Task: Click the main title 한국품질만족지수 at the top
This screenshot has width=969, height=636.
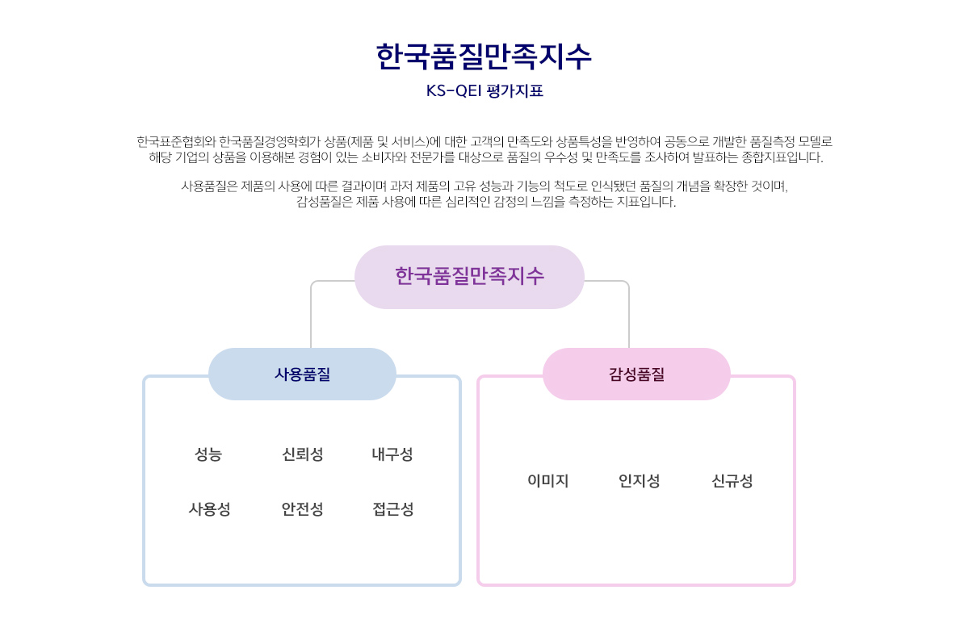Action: [484, 56]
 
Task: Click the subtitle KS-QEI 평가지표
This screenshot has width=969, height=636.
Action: [484, 90]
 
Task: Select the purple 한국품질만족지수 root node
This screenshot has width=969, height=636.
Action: [469, 277]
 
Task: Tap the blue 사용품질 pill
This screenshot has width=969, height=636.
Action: [302, 374]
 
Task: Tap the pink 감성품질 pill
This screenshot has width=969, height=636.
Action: [636, 374]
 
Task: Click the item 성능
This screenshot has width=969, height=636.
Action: [208, 454]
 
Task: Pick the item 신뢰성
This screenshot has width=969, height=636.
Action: [302, 454]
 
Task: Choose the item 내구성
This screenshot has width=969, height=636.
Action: [392, 454]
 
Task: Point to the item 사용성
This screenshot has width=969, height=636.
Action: [209, 509]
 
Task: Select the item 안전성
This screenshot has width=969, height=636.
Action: [302, 509]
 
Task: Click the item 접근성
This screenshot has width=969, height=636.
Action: [392, 509]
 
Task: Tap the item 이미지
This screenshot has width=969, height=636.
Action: [547, 480]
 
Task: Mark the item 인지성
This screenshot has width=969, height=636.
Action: [639, 480]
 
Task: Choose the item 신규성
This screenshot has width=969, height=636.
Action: [732, 480]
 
